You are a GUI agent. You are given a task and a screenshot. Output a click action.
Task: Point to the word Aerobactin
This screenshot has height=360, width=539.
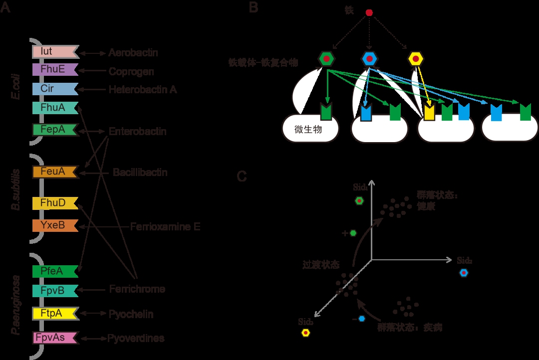[133, 53]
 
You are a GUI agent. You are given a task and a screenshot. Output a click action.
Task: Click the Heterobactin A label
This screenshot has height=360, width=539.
[143, 90]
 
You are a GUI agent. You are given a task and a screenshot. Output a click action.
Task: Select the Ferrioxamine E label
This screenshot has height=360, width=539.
[165, 227]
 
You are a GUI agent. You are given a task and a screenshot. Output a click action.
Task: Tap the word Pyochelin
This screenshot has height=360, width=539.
[131, 314]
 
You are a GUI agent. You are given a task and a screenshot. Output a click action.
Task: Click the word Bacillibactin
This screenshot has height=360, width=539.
[140, 173]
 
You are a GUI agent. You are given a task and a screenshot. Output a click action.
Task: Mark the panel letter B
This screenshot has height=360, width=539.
[254, 8]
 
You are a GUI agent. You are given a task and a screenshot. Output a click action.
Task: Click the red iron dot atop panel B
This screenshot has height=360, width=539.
[369, 12]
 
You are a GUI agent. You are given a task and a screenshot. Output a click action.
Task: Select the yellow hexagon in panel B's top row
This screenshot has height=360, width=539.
[415, 59]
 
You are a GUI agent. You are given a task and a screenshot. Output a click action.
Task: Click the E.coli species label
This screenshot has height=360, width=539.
[16, 89]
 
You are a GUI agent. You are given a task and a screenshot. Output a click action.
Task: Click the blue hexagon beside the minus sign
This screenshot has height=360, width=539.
[361, 319]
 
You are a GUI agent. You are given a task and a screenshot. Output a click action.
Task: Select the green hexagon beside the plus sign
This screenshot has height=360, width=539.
[353, 233]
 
